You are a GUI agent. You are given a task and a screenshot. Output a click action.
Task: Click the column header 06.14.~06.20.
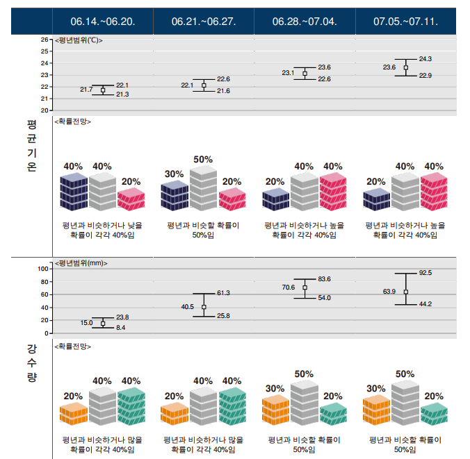point(103,22)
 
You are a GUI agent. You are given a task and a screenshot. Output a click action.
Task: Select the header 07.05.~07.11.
point(405,22)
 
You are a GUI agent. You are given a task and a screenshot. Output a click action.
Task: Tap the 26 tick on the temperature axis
point(44,40)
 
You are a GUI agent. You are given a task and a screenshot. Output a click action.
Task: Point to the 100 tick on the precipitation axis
point(43,269)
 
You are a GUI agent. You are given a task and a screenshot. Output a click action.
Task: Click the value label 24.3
point(426,59)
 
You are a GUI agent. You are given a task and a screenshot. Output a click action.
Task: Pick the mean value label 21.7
point(86,90)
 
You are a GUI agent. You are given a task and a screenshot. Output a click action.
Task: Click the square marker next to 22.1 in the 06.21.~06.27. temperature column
point(204,85)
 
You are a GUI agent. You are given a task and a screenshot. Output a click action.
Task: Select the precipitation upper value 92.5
point(426,273)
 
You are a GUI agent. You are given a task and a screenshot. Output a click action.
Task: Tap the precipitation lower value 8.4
point(120,328)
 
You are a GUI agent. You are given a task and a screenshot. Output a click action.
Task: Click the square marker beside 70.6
point(305,287)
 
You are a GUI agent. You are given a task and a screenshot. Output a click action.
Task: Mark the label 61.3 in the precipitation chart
point(223,293)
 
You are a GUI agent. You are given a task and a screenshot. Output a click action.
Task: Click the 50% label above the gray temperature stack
point(203,159)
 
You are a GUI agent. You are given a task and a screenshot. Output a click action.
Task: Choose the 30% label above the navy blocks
point(174,174)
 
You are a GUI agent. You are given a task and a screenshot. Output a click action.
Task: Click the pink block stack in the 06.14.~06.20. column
point(131,199)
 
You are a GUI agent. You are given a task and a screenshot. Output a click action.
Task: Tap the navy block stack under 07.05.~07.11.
point(376,199)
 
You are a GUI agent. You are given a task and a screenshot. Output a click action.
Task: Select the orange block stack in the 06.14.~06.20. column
point(74,413)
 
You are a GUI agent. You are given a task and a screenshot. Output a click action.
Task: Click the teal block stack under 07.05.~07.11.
point(434,413)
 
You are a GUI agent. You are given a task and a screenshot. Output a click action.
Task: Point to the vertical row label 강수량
point(32,363)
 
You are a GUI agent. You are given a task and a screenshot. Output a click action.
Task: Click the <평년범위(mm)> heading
point(81,263)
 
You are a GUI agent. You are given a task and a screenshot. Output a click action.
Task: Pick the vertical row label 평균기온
point(32,146)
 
